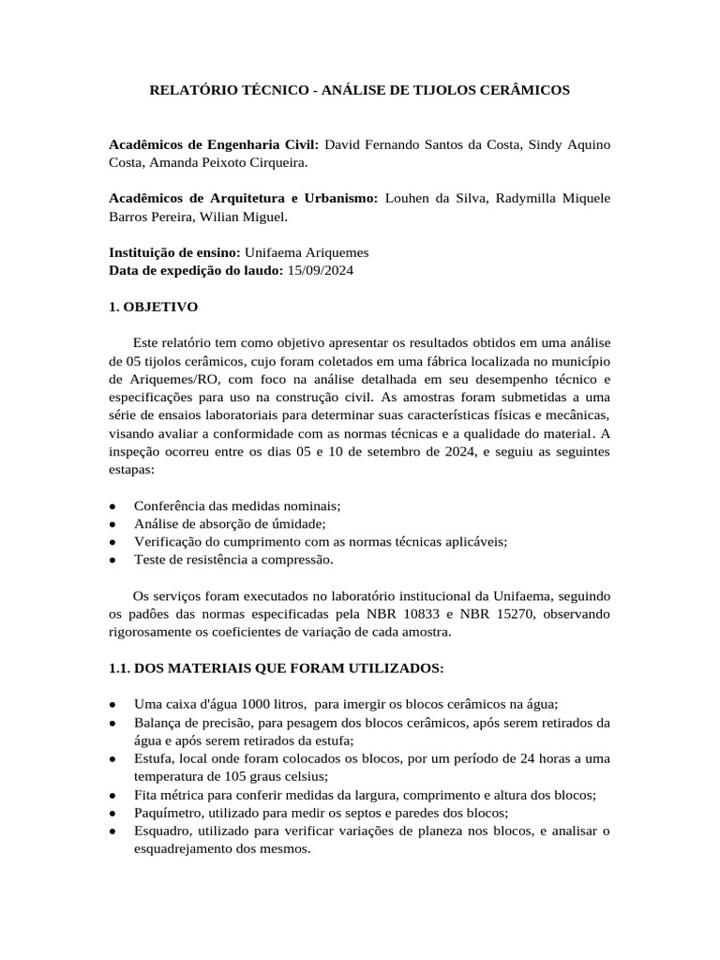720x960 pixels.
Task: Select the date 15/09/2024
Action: [x=320, y=270]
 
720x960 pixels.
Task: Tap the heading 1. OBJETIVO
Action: [x=154, y=307]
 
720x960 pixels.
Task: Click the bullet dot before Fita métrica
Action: [x=113, y=795]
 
